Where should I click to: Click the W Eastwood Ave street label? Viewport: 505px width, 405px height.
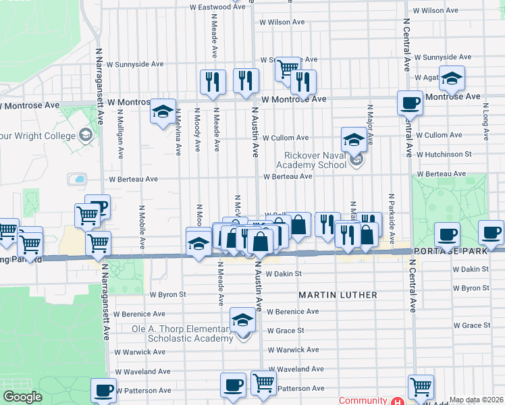click(x=217, y=7)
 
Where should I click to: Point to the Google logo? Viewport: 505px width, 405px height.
click(x=22, y=397)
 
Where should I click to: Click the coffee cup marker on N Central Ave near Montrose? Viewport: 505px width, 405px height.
click(x=410, y=104)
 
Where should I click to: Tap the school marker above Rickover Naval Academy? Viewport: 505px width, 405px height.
click(x=354, y=140)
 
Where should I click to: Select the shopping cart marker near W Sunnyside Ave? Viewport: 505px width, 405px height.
click(x=288, y=68)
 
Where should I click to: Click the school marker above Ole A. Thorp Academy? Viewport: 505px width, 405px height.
click(x=242, y=321)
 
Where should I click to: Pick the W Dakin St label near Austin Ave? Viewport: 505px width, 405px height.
click(x=283, y=274)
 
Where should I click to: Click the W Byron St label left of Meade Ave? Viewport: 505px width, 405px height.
click(x=167, y=295)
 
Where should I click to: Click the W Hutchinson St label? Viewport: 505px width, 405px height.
click(x=444, y=155)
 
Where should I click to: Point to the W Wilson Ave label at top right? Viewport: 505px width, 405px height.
click(x=436, y=11)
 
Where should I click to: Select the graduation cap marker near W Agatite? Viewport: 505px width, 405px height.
click(x=452, y=78)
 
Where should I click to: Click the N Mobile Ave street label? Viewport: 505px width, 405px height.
click(x=142, y=227)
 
